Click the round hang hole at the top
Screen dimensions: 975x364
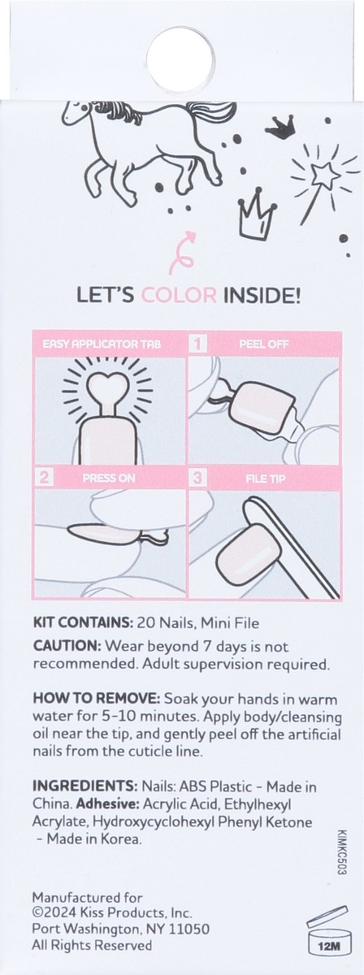(x=182, y=56)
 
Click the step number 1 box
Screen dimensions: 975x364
(x=196, y=344)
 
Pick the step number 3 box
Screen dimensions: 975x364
(x=196, y=479)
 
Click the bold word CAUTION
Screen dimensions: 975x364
(x=66, y=646)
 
